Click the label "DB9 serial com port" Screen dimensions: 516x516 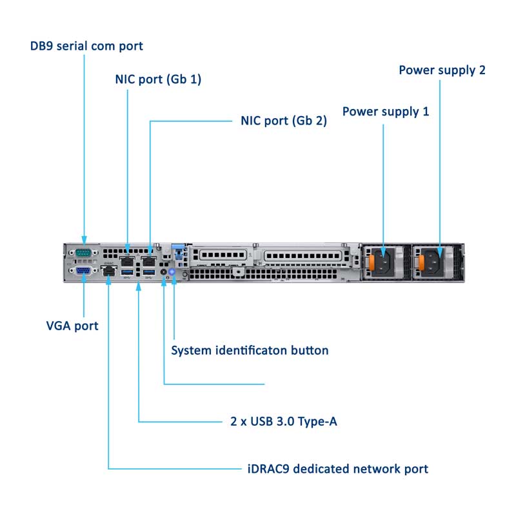point(86,46)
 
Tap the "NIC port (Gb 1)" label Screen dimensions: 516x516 point(158,80)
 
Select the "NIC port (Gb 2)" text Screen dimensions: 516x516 point(279,121)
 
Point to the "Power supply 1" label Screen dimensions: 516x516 point(386,112)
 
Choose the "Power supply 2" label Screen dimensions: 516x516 point(442,70)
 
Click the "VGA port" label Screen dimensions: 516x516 point(72,326)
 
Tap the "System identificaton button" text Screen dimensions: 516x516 point(250,351)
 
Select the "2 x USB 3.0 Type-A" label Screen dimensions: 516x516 point(284,422)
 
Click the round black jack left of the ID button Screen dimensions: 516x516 point(164,273)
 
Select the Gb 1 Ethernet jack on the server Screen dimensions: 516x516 point(128,262)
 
